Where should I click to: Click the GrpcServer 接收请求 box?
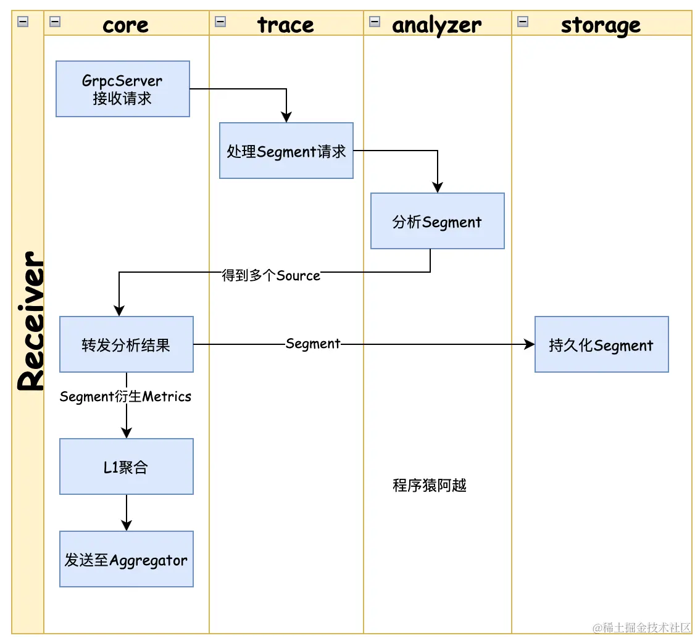point(123,89)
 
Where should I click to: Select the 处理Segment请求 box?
point(286,151)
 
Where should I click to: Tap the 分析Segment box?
point(438,221)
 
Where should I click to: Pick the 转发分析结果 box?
point(127,344)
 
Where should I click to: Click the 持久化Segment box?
point(601,344)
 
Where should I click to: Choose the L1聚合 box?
point(127,466)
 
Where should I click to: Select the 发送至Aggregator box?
point(127,559)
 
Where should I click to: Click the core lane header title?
point(125,25)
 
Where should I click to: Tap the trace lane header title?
point(285,25)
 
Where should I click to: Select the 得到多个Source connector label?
point(271,276)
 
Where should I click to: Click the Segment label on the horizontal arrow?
point(313,344)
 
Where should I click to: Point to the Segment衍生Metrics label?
point(125,396)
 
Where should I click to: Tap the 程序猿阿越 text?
point(430,485)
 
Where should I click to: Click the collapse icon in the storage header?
point(523,21)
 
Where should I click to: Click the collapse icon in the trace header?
point(220,21)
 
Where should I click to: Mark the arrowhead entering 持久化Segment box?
point(529,344)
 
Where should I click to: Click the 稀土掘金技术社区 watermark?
point(641,628)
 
